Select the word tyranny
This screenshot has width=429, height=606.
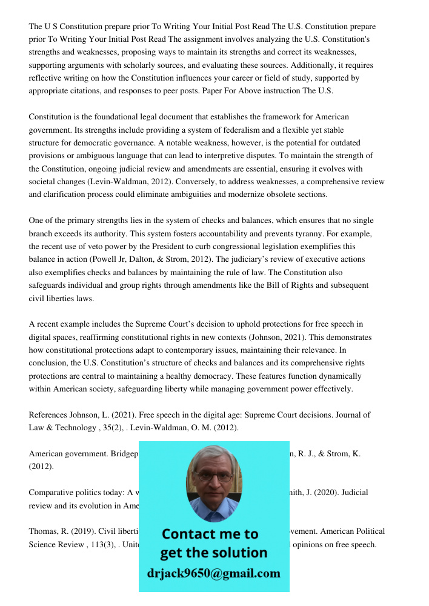click(x=318, y=234)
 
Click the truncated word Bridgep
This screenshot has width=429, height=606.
click(x=124, y=454)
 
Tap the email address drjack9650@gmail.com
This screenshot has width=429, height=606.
click(x=214, y=573)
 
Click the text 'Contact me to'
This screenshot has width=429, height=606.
click(x=210, y=534)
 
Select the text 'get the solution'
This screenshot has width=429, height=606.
click(x=213, y=553)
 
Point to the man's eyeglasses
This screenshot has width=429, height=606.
click(x=213, y=477)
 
